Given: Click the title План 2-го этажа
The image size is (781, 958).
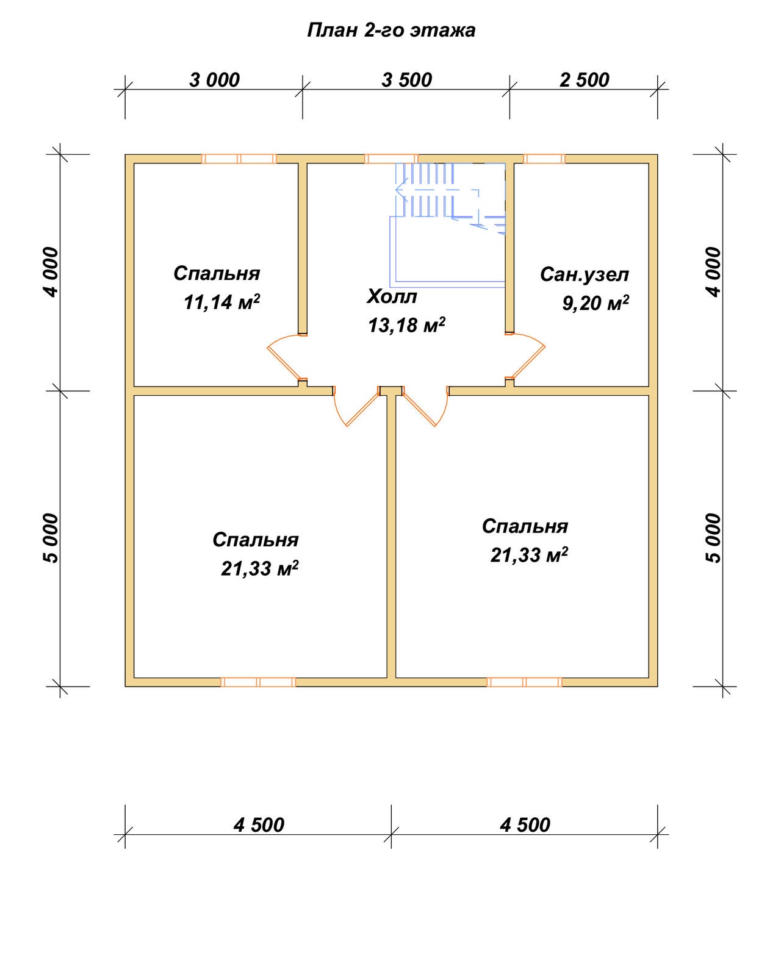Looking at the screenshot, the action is (391, 30).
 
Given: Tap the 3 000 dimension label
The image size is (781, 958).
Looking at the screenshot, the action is (214, 80).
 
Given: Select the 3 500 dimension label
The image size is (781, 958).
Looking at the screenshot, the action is (407, 80).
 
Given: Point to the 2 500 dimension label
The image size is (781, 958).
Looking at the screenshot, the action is (585, 80).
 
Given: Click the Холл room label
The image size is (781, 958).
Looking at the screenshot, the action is (391, 296).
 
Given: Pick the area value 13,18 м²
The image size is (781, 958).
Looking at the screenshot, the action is (407, 325).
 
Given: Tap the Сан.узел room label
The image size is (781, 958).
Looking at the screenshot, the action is (585, 274).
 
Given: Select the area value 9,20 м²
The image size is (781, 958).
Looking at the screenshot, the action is (596, 302).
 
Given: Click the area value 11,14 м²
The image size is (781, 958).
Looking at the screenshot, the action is (222, 302).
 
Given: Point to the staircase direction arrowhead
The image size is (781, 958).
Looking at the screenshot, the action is (401, 190).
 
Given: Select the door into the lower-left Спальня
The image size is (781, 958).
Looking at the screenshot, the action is (356, 406).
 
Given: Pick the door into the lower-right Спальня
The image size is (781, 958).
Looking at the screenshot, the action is (425, 406).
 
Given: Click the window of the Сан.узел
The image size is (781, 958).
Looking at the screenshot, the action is (544, 159).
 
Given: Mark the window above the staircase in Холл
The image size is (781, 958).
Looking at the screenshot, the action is (391, 159).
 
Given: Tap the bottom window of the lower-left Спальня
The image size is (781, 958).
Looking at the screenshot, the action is (258, 682).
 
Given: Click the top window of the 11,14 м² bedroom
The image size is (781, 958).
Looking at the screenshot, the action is (239, 159).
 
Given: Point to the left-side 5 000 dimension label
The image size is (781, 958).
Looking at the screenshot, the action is (51, 538).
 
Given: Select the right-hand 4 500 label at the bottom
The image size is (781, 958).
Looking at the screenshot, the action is (525, 825).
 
